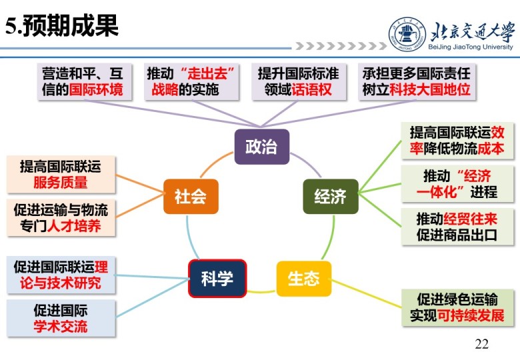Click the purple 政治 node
(261, 147)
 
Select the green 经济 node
(330, 197)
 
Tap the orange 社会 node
(190, 197)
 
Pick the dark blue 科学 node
(217, 278)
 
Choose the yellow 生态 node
(303, 278)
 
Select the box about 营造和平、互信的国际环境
(82, 81)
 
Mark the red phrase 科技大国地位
(439, 89)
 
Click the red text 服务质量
(60, 182)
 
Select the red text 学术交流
(60, 327)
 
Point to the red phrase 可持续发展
(471, 315)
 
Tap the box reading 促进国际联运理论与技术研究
(61, 275)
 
